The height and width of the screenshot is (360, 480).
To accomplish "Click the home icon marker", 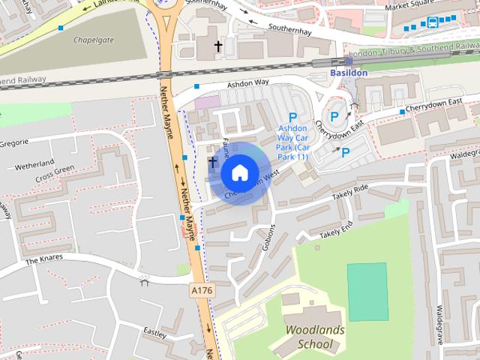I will [238, 173].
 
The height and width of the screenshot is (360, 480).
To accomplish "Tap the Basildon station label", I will [349, 73].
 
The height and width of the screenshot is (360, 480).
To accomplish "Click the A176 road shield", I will [201, 289].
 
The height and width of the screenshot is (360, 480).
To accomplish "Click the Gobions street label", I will [271, 236].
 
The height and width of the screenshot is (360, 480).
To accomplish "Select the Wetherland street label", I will [34, 163].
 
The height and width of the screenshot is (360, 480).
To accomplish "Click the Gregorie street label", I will [13, 142].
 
